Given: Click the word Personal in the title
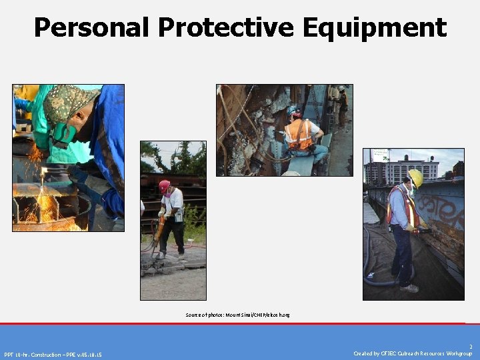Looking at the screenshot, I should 93,28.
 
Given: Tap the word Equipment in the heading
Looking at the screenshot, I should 373,28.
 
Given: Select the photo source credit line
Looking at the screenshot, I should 238,314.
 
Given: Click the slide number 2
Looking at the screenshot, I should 470,347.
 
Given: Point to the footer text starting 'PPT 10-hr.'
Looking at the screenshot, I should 53,354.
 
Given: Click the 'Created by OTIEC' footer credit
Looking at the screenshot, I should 413,354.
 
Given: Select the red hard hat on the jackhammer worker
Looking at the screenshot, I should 164,185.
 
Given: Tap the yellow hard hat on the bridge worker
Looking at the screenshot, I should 415,177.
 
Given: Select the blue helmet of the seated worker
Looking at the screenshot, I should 293,110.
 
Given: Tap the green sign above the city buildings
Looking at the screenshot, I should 379,155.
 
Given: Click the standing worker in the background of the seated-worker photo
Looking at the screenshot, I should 341,103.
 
